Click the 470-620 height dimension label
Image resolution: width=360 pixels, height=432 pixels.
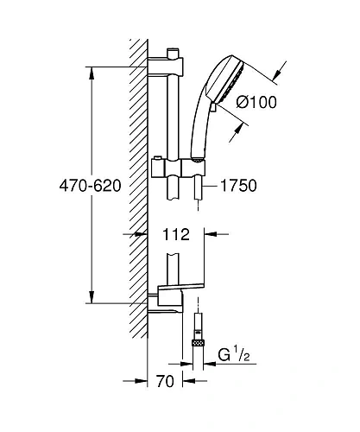[90, 186]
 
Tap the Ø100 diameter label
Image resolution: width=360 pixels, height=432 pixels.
[256, 102]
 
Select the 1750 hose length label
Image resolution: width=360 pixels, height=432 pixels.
[238, 186]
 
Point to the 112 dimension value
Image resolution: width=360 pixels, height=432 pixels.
[176, 234]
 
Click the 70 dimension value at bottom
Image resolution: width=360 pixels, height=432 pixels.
[165, 381]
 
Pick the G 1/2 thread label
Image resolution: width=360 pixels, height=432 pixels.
[234, 355]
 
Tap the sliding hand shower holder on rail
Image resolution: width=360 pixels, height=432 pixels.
[179, 168]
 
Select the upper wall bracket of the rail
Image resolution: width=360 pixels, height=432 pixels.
[165, 67]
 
